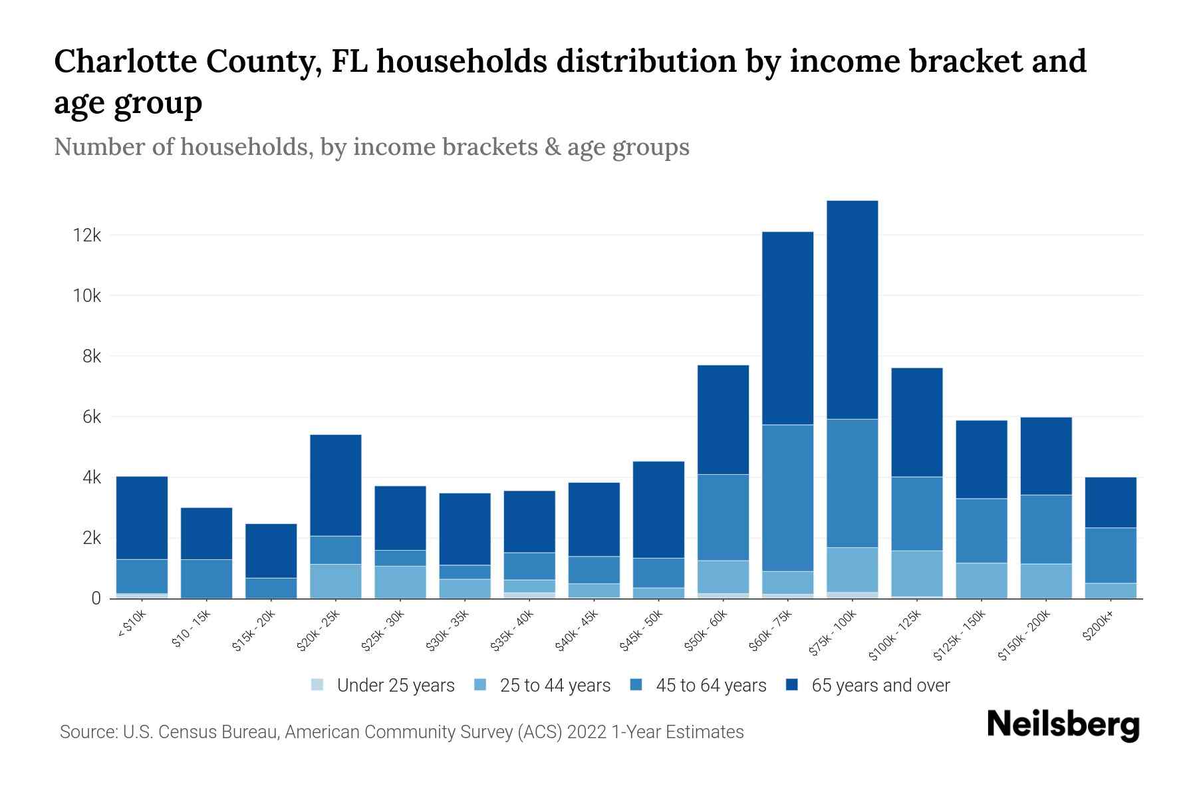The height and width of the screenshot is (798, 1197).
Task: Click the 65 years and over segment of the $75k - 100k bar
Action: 852,309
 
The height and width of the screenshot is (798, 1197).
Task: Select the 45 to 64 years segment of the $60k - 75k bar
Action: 787,497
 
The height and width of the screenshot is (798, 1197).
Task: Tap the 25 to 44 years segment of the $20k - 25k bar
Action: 336,581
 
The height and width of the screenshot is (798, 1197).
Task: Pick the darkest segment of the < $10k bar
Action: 142,517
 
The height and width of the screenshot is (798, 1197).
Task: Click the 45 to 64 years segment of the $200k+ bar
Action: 1110,555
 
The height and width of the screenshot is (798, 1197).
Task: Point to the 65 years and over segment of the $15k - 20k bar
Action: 271,551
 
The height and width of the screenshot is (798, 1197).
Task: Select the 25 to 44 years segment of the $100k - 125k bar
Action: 916,573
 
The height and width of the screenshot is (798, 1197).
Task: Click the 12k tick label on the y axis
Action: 87,235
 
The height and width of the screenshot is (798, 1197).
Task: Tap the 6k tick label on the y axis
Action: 92,417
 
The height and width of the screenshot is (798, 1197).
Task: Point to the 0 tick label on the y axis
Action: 96,598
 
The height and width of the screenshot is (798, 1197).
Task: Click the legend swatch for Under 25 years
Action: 318,685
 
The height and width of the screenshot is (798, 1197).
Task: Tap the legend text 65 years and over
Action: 880,686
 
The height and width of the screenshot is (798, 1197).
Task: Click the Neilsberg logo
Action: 1063,726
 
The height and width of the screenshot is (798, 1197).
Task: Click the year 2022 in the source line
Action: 587,732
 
